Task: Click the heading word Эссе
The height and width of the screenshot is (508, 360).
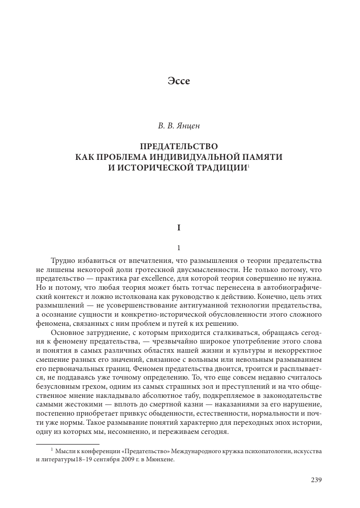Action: coord(179,81)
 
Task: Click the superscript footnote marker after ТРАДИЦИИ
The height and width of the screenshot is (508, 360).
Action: coord(248,165)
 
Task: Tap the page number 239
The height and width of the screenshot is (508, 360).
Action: coord(316,480)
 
